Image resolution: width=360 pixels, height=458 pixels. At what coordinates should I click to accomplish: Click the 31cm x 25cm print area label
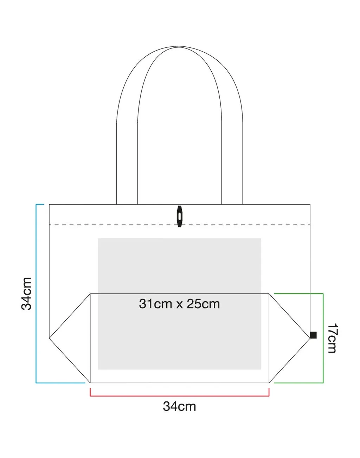click(x=179, y=303)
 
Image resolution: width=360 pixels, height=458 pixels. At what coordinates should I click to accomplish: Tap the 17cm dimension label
click(x=332, y=338)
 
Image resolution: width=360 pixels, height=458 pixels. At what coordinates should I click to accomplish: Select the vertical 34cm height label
click(x=27, y=293)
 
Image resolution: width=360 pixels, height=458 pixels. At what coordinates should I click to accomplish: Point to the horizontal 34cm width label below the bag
click(x=179, y=406)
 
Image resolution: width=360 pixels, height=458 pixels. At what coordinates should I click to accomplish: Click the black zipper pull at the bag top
click(x=180, y=216)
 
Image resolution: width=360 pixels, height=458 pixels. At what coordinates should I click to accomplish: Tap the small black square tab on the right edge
click(x=313, y=335)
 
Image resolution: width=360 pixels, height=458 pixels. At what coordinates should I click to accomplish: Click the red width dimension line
click(x=179, y=396)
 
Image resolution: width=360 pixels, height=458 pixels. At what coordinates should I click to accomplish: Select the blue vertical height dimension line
click(x=36, y=293)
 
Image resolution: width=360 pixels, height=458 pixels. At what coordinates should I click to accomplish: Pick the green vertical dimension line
click(x=323, y=338)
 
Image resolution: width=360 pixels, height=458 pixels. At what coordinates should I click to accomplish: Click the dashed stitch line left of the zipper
click(x=112, y=225)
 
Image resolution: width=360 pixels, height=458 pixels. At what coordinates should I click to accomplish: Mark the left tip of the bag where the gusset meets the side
click(x=49, y=338)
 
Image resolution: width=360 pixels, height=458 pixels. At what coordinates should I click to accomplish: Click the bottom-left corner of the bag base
click(x=90, y=382)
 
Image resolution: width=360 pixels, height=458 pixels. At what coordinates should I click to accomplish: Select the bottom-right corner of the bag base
click(x=269, y=382)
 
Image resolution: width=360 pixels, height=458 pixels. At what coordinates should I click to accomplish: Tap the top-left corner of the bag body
click(x=49, y=204)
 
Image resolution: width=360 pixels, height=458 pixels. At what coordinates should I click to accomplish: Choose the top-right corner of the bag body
click(x=310, y=204)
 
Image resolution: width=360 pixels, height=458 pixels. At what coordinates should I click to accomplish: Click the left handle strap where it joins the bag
click(x=127, y=202)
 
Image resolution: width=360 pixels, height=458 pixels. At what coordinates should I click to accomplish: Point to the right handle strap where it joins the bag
click(x=232, y=202)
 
